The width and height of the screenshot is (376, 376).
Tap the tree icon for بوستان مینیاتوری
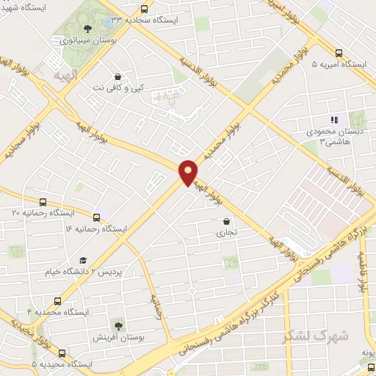coord(87,29)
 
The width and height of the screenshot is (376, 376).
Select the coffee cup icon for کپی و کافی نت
coord(117,76)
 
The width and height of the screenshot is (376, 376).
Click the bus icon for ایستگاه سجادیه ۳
coord(143,10)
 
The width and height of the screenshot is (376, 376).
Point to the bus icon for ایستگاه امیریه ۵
coord(339,53)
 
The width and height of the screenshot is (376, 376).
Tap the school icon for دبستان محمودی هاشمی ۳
coord(334,120)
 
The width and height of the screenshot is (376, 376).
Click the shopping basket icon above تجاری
coord(226,221)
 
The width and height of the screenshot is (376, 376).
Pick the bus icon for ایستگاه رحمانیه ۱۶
coord(96,217)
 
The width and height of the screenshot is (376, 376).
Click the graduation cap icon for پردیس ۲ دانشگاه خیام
coord(83,261)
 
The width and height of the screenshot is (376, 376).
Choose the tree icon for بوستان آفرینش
coord(117,325)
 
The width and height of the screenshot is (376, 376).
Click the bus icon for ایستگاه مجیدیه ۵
coord(62,353)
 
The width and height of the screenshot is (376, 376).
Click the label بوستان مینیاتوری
coord(84,40)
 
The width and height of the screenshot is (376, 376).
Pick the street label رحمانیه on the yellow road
coord(156,306)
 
